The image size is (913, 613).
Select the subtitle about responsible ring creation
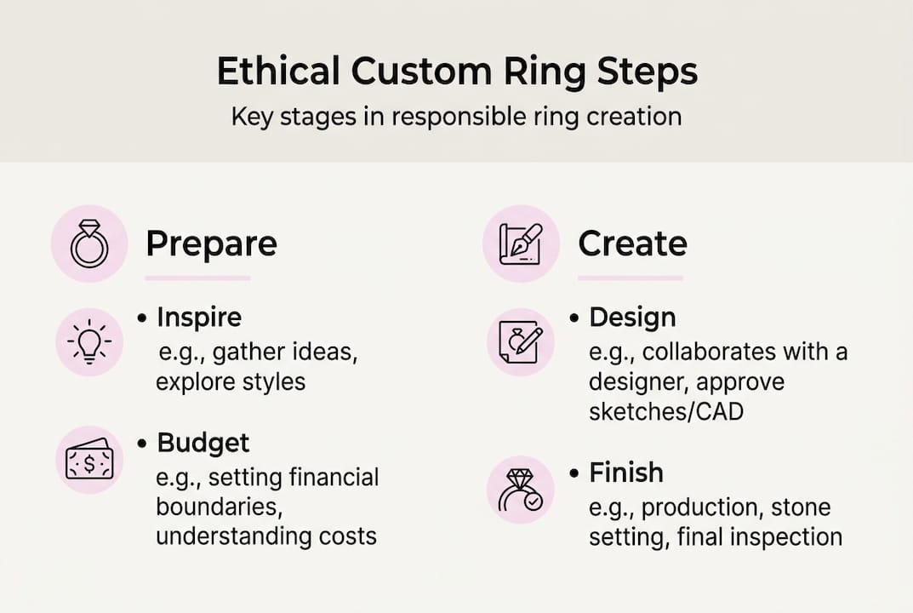point(456,117)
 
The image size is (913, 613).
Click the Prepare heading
point(211,244)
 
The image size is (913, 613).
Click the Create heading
point(632,244)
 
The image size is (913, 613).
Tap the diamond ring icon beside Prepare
point(89,243)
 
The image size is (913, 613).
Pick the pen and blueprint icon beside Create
point(521,243)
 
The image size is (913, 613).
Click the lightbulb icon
point(89,343)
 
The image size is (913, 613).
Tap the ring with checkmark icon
point(520,490)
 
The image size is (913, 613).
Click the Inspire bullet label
point(199,318)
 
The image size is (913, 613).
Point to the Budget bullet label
point(203,444)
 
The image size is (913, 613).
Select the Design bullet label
point(632,318)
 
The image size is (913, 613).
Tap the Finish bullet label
point(626,473)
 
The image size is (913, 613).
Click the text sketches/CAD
point(665,411)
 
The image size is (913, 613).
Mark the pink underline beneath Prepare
point(197,278)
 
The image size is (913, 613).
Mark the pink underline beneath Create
point(630,278)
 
